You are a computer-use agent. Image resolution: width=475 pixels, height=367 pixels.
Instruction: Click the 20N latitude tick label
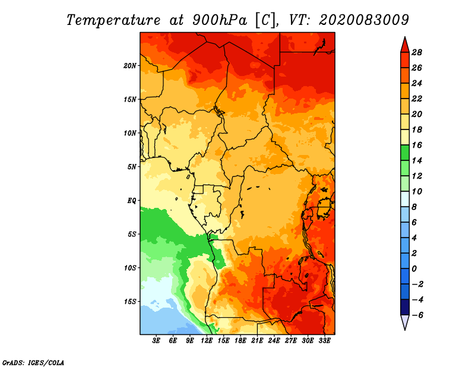130,65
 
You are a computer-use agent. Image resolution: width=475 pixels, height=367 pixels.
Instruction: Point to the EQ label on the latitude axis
132,200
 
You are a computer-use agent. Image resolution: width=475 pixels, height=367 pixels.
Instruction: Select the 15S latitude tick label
130,301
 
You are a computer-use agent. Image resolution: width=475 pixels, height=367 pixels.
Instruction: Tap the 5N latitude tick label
132,166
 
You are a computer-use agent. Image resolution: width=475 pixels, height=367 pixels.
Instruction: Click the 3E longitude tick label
157,341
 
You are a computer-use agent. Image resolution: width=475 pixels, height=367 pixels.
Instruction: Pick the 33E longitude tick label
324,341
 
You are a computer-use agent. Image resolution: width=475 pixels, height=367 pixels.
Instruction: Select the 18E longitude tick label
240,341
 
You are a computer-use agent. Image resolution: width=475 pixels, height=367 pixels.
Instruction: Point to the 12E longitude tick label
207,341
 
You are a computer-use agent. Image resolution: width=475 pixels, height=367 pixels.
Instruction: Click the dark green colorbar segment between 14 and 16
404,153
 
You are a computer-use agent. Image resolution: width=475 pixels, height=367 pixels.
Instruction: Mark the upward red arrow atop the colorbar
404,44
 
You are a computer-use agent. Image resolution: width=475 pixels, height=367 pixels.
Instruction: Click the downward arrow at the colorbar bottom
404,322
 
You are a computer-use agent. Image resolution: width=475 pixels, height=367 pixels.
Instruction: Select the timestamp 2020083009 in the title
363,20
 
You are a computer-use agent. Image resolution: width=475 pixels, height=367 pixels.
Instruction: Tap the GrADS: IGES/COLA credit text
33,362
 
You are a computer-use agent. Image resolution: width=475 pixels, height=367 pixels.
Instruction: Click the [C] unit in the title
265,20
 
